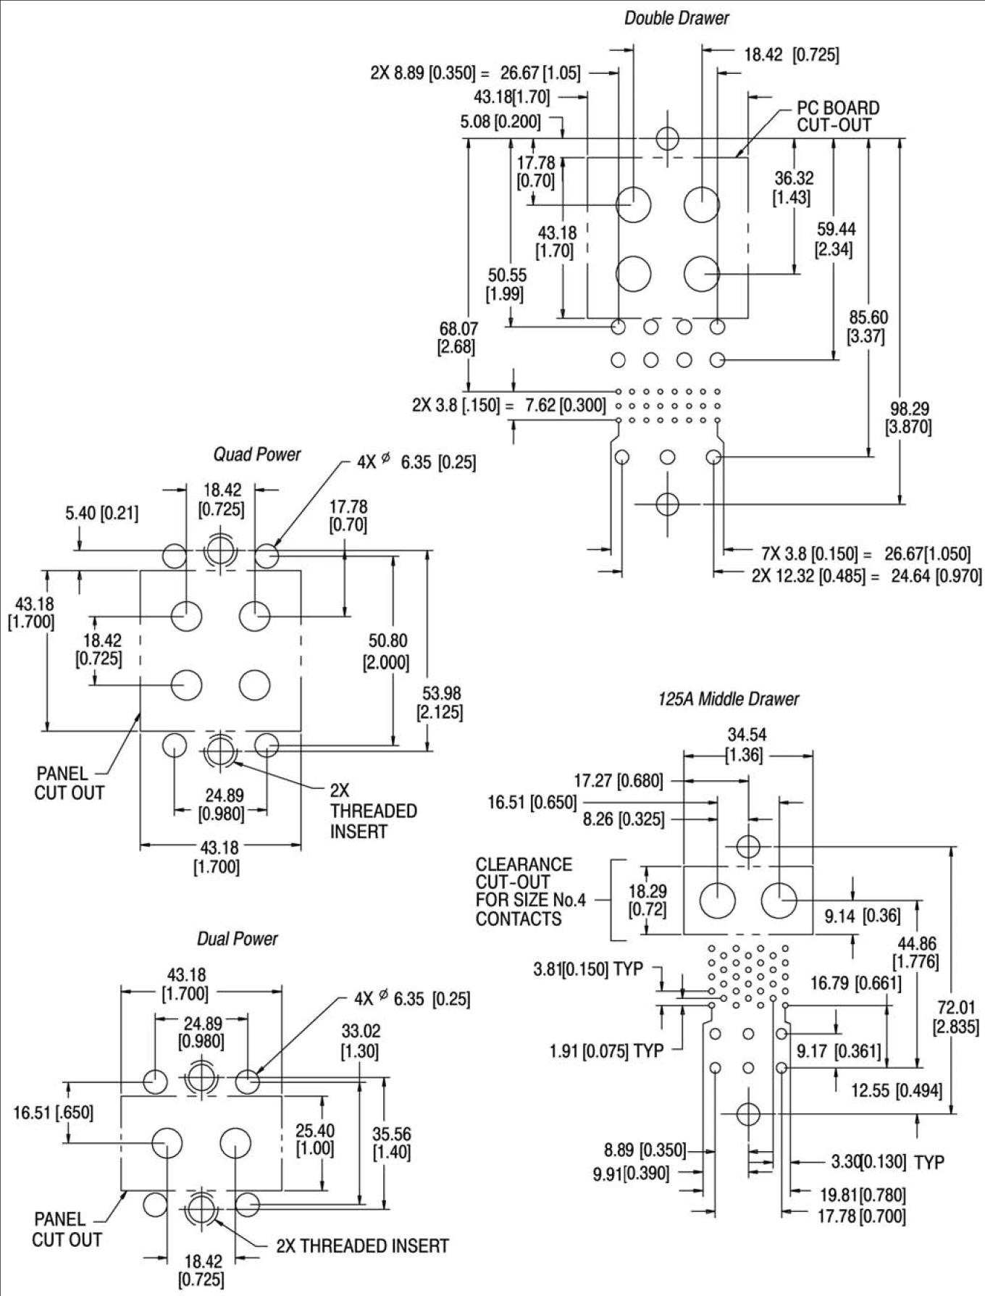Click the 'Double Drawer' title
click(x=676, y=18)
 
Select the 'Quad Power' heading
click(x=256, y=454)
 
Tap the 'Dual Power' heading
click(x=237, y=939)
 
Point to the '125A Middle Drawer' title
click(x=729, y=699)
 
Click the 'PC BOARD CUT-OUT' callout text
click(x=838, y=117)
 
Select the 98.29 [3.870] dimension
click(x=908, y=418)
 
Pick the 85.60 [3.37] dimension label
click(x=868, y=327)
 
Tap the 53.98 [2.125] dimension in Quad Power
click(x=440, y=703)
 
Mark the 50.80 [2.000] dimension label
click(x=388, y=651)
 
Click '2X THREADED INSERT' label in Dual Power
click(x=362, y=1246)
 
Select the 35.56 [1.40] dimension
click(x=391, y=1142)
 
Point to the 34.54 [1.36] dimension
click(x=747, y=745)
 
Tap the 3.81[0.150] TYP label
click(x=588, y=969)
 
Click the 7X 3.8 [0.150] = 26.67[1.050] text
click(x=865, y=554)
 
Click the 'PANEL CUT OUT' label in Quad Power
click(x=70, y=783)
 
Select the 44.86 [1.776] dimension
click(x=916, y=953)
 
